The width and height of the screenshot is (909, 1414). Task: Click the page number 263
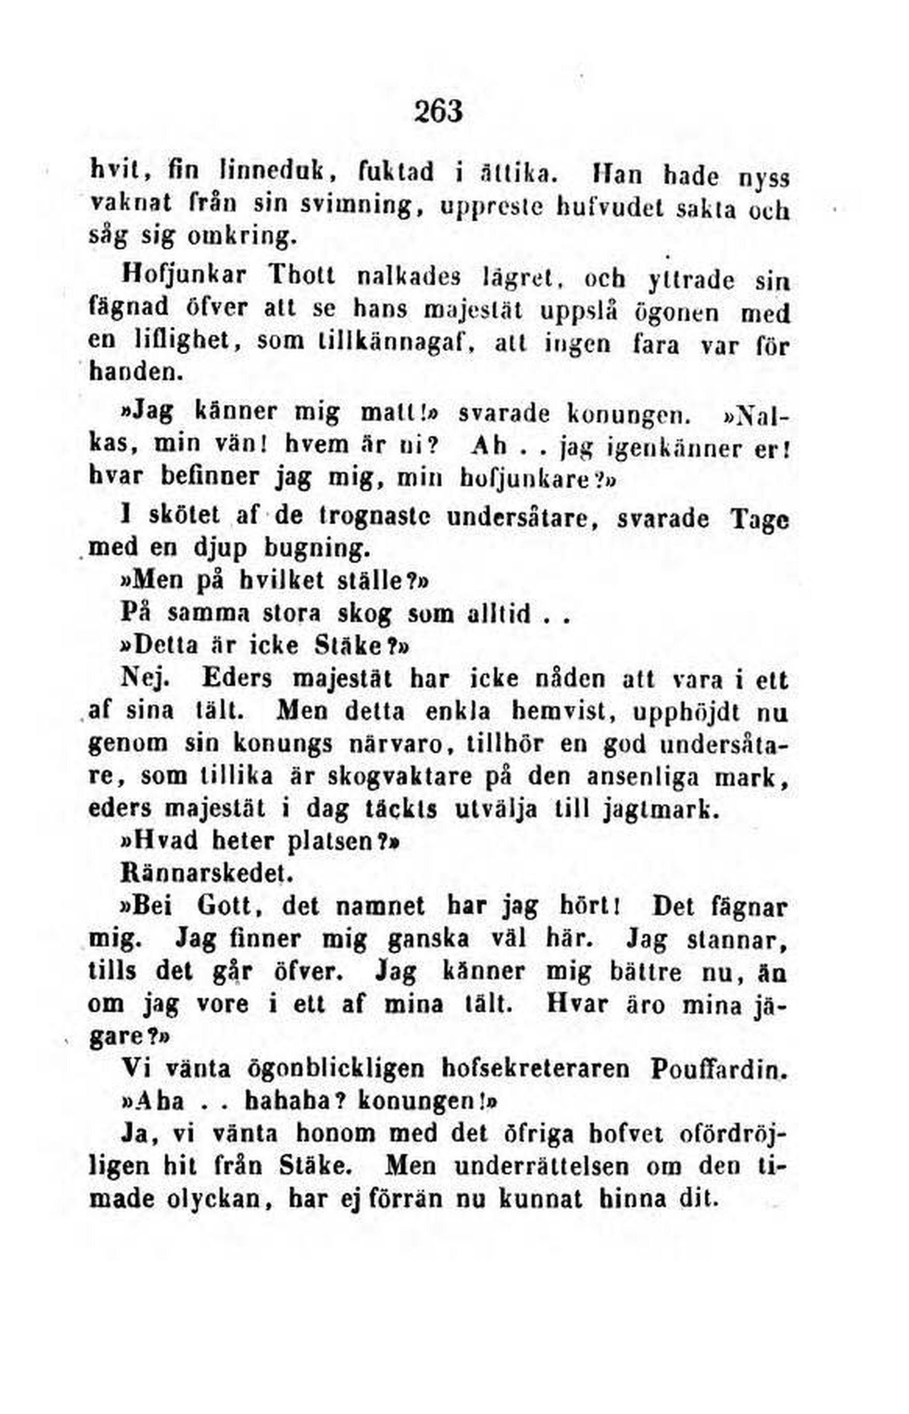(x=438, y=112)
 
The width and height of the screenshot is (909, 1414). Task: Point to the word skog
(x=365, y=614)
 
